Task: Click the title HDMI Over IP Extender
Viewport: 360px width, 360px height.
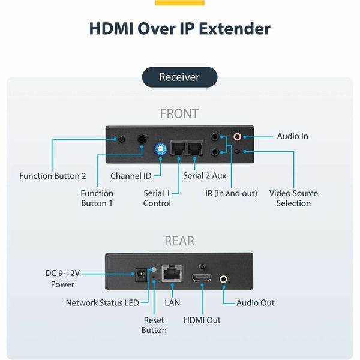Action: coord(180,28)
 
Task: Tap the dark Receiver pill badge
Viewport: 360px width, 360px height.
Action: coord(179,77)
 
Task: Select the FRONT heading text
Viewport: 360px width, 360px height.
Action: coord(179,113)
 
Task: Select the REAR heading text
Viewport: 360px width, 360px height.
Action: coord(179,241)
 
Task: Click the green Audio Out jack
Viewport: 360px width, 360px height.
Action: coord(224,278)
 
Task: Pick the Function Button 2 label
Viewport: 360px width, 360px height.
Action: coord(53,176)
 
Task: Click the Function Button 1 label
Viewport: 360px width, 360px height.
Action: coord(97,198)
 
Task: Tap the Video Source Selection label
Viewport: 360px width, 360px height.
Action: coord(293,198)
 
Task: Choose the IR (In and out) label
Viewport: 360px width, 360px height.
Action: coord(231,193)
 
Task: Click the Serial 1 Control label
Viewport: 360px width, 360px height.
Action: coord(157,198)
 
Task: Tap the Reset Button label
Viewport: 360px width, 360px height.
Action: coord(154,325)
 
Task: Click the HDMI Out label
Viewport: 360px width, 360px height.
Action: coord(202,320)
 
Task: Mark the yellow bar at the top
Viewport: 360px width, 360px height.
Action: coord(179,2)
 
